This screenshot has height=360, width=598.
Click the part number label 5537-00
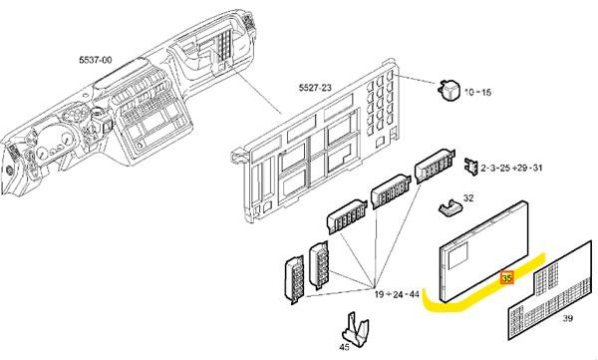pos(96,60)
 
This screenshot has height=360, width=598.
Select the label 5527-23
pos(315,88)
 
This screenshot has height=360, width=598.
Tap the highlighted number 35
pos(507,278)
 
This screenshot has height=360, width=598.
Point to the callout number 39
pos(567,318)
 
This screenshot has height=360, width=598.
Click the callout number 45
pos(344,347)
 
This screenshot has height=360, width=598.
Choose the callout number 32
pos(468,198)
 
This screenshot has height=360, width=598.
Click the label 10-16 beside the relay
pos(477,92)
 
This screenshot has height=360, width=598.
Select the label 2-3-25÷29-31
pos(511,168)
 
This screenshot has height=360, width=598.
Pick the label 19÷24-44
pos(397,294)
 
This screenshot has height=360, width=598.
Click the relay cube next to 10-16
pos(448,90)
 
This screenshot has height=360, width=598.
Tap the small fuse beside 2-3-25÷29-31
pos(471,167)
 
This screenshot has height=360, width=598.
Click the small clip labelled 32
pos(450,208)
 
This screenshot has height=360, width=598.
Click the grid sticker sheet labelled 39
pos(550,290)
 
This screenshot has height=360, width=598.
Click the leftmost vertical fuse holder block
pos(294,280)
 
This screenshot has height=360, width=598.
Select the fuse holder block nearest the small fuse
pos(435,167)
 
